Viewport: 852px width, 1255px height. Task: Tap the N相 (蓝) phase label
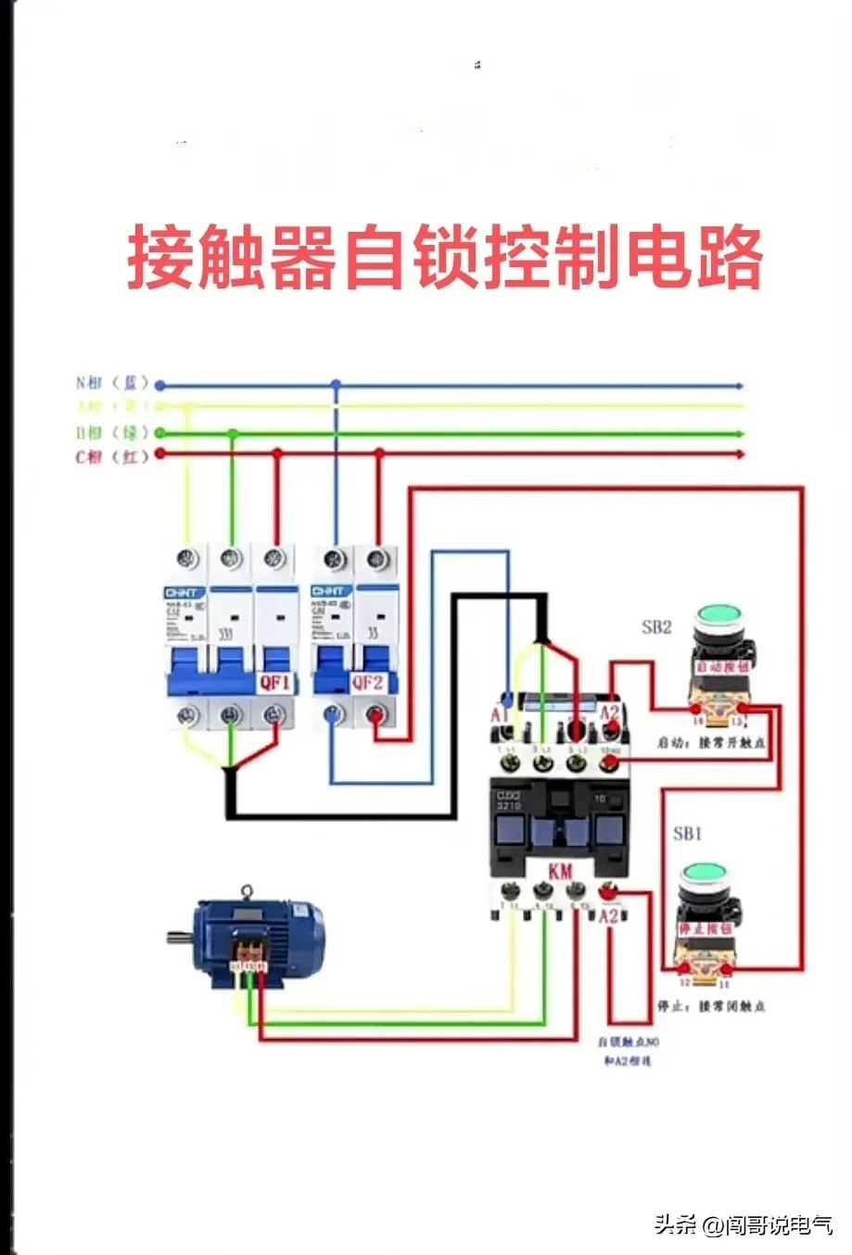[x=112, y=383]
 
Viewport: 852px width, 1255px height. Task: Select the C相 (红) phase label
[x=112, y=456]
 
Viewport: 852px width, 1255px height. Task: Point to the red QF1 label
[x=274, y=684]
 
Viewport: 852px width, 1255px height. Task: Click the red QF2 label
[x=367, y=684]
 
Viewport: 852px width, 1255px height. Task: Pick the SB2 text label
[x=656, y=627]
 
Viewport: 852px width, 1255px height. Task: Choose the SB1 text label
[x=687, y=834]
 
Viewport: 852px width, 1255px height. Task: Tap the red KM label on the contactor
[x=561, y=872]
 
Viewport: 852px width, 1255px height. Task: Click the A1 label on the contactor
[x=500, y=714]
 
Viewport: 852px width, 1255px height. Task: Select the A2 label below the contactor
[x=609, y=916]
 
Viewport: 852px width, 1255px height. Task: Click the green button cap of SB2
[x=720, y=615]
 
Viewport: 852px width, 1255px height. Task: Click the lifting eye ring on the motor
[x=247, y=892]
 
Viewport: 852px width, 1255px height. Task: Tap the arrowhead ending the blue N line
[x=739, y=385]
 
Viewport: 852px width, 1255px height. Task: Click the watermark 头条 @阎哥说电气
[x=744, y=1225]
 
